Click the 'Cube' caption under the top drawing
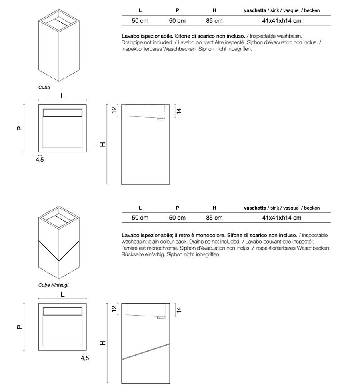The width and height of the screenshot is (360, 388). [44, 88]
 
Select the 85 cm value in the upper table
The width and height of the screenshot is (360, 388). [214, 21]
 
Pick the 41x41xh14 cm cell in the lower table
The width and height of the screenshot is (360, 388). [282, 218]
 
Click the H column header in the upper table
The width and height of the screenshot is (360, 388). [214, 10]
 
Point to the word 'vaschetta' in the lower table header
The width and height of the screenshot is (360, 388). [255, 208]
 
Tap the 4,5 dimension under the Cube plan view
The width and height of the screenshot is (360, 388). [40, 160]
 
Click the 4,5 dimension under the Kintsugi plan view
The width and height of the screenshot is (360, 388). [85, 358]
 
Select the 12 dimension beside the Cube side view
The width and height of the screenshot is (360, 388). [114, 110]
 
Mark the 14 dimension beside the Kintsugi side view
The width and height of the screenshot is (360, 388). [179, 309]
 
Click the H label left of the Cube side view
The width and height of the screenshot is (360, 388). [103, 145]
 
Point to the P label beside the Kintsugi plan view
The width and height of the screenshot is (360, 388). [19, 327]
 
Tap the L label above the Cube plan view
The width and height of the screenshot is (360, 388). [62, 95]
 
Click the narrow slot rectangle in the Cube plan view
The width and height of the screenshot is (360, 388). [62, 112]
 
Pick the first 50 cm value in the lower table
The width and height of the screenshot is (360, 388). [140, 218]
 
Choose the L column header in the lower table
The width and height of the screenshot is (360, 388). [140, 208]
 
